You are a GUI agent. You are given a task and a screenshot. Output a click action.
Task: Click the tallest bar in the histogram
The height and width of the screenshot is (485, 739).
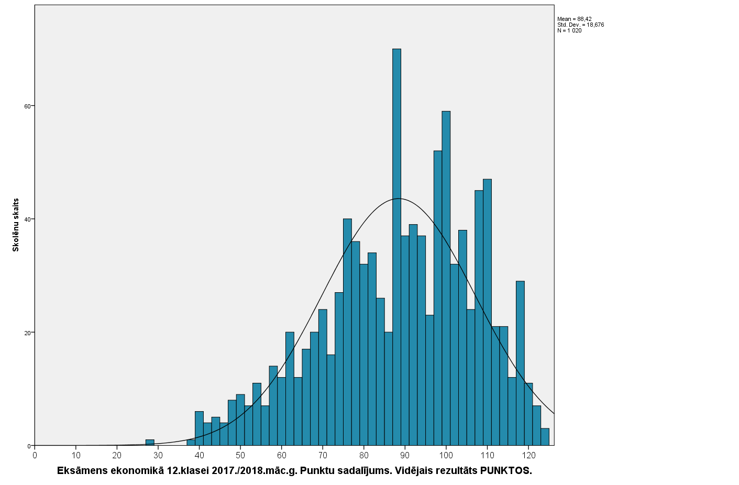coord(396,246)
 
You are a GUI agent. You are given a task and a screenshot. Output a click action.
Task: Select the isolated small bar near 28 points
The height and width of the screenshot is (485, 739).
coord(150,443)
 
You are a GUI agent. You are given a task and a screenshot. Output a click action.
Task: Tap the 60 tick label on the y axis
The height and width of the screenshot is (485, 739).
coord(30,106)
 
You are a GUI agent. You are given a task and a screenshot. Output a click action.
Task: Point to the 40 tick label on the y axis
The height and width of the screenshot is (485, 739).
coord(30,219)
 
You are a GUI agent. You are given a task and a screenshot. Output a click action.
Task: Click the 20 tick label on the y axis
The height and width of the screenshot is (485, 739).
coord(30,333)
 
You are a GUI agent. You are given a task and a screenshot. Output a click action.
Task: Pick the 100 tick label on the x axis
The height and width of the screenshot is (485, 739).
coord(446,455)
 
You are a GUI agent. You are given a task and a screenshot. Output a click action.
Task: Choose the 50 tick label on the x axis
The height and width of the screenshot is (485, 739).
coord(240,455)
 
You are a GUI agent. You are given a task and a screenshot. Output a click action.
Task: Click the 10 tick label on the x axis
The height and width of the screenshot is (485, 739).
coord(76,455)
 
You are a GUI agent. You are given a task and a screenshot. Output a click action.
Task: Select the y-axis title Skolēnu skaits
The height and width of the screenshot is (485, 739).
coord(16,225)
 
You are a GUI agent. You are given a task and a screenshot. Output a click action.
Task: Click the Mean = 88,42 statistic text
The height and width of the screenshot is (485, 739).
coord(574,19)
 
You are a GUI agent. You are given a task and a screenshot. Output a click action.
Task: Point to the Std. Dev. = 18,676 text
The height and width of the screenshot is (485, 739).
coord(580,25)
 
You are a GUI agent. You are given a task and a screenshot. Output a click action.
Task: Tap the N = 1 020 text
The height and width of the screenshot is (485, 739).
coord(569,30)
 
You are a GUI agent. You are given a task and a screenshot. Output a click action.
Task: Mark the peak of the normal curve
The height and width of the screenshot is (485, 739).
coord(399,199)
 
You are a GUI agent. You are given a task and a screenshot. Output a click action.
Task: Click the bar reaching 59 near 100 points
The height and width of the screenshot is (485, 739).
coord(446,278)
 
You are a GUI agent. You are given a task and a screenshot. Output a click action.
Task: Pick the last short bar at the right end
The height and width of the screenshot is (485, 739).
coord(545,437)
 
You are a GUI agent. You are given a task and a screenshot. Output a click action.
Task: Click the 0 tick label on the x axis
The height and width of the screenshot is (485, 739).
coord(35,455)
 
